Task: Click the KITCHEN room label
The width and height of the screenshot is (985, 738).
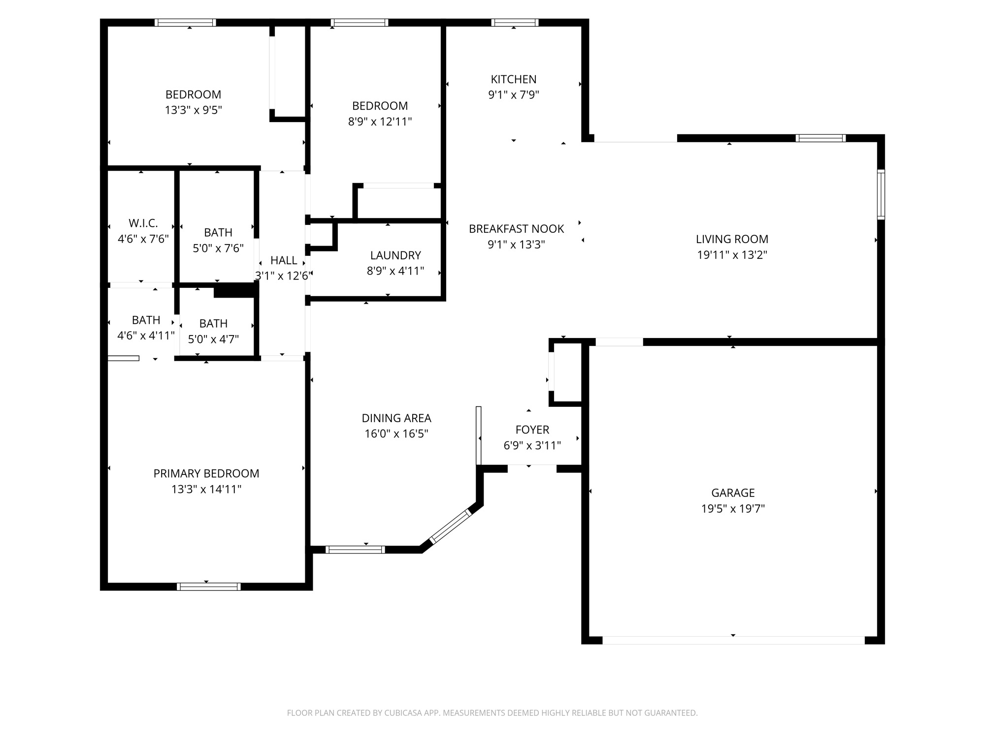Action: click(x=513, y=79)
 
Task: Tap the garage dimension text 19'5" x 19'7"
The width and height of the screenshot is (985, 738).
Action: click(x=733, y=509)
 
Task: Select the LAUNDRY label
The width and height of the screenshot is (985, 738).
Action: click(x=395, y=255)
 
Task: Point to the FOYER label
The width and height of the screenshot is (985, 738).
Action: click(x=532, y=430)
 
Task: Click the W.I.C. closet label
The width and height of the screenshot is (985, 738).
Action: click(x=143, y=223)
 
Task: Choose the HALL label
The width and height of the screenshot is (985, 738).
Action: click(x=284, y=260)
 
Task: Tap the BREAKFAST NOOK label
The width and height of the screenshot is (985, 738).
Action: click(x=516, y=229)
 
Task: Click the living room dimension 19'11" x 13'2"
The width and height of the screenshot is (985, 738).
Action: click(x=732, y=255)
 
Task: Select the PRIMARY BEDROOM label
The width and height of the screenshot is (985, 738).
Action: click(x=206, y=473)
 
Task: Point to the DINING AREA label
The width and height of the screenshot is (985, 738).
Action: click(x=396, y=418)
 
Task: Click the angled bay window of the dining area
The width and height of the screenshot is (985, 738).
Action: click(x=451, y=526)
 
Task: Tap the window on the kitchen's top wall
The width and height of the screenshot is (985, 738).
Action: click(x=515, y=23)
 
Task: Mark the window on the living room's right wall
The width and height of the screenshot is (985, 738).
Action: click(x=881, y=194)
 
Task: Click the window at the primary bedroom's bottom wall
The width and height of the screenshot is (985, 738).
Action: click(x=208, y=586)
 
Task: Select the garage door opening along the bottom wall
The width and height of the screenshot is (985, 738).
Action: click(x=733, y=640)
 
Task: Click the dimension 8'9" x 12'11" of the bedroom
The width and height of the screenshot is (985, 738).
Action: click(x=380, y=122)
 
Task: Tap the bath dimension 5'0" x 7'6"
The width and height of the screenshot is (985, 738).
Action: click(x=218, y=248)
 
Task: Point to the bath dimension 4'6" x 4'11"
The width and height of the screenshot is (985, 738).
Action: click(x=146, y=336)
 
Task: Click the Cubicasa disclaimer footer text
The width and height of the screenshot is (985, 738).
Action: click(x=492, y=713)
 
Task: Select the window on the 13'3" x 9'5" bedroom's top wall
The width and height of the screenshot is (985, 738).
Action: click(x=185, y=23)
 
